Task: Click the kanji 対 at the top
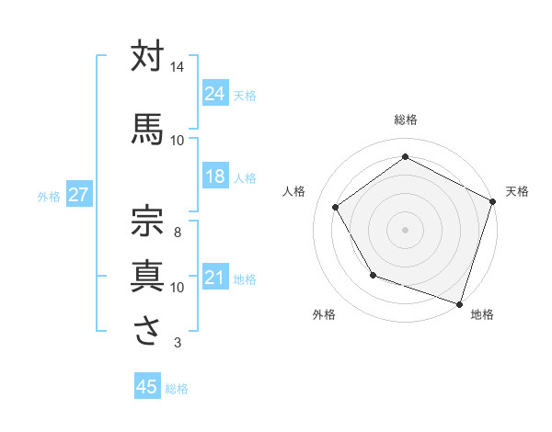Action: pos(148,57)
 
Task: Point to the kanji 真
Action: pos(148,275)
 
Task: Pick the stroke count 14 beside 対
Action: pos(178,67)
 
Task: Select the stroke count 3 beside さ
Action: pos(178,344)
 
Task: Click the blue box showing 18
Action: pos(214,176)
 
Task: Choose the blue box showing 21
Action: pos(214,277)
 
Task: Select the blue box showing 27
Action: pos(78,195)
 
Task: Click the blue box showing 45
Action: pos(146,387)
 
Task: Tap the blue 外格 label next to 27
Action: pos(49,196)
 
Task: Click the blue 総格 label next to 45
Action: pos(178,388)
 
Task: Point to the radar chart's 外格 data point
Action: pos(373,275)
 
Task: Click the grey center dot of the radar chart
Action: pos(405,229)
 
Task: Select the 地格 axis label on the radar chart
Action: pos(482,315)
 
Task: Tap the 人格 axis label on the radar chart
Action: pos(295,191)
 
